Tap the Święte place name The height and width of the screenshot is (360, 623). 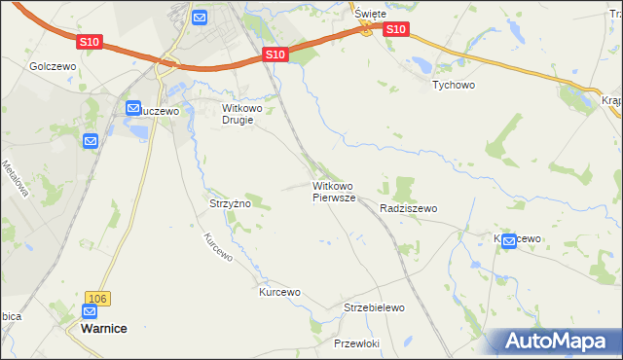370,14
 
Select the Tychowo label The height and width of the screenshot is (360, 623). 453,85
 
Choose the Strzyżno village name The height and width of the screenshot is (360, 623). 231,204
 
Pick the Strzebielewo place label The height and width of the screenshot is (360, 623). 374,307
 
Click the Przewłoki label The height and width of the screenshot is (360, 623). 356,344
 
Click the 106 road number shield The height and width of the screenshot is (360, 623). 95,298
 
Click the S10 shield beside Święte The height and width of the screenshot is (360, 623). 395,30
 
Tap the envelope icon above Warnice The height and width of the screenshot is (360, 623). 90,312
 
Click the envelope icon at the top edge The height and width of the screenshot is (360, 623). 200,17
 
